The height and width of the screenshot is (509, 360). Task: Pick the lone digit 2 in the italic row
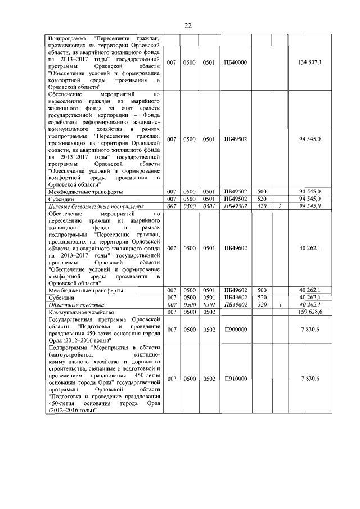279,206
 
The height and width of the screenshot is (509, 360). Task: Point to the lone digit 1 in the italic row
279,304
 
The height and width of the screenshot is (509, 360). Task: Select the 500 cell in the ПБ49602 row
261,290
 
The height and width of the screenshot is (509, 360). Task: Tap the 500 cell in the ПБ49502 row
261,192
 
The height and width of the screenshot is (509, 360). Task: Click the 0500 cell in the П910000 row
190,380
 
